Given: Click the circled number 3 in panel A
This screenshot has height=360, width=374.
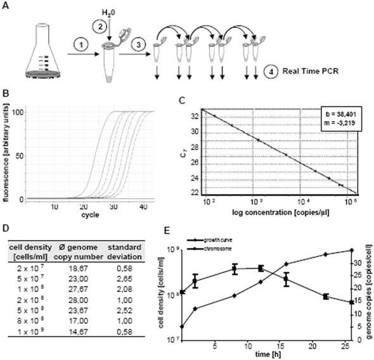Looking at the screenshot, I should coord(137,45).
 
